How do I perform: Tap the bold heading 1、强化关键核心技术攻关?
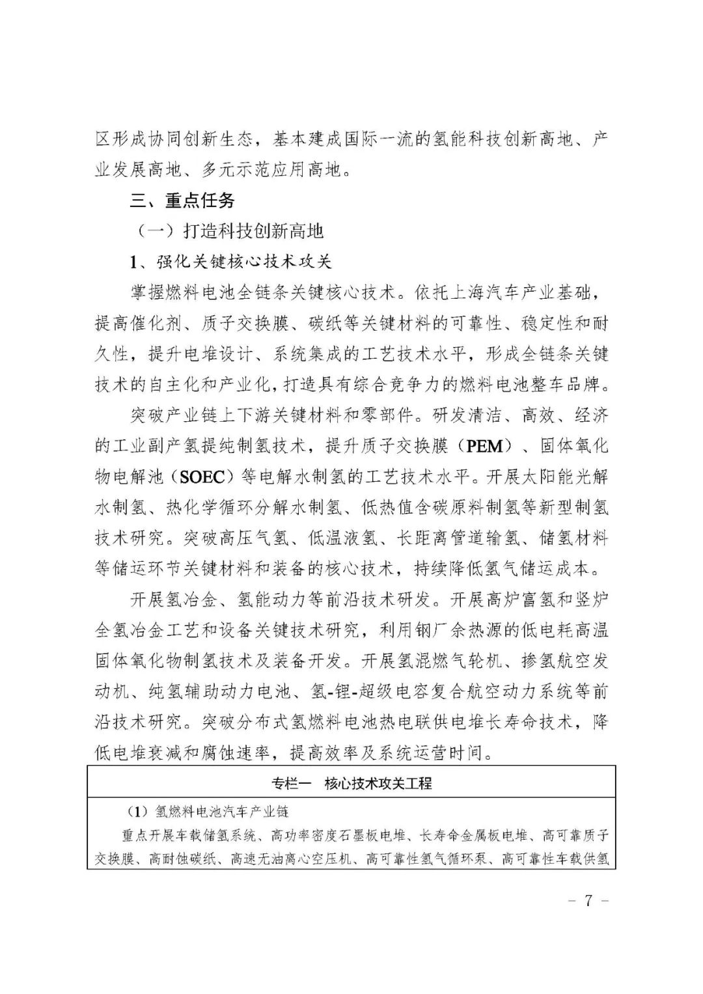tap(230, 262)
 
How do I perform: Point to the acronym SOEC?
tap(201, 476)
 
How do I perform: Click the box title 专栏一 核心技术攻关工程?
tap(351, 784)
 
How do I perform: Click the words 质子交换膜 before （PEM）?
tap(404, 446)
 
